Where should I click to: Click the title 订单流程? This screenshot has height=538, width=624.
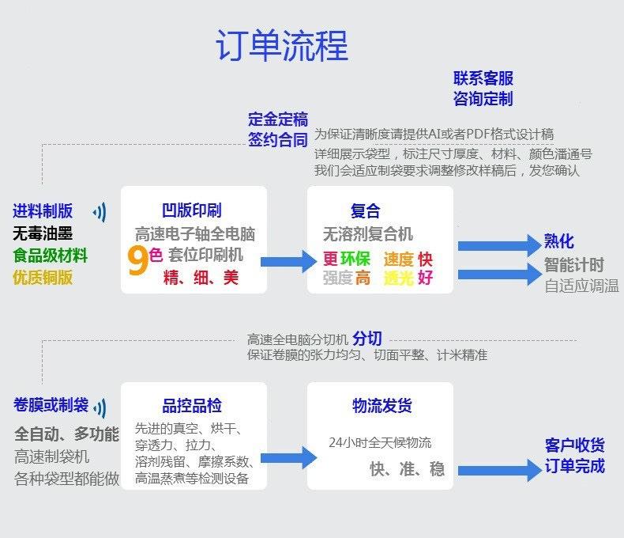point(281,46)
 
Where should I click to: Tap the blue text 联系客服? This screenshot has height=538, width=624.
point(483,78)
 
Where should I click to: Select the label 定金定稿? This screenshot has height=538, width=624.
point(277,119)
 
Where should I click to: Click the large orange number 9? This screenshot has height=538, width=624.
point(137,262)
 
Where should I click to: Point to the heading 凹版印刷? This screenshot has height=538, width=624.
point(192,210)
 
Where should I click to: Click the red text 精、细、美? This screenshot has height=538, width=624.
point(201,278)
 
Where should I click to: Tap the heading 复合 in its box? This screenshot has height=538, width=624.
point(365,210)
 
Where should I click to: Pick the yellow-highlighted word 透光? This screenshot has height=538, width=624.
point(398,278)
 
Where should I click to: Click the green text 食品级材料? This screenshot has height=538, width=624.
point(50,256)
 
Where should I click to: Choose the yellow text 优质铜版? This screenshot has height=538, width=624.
point(43,277)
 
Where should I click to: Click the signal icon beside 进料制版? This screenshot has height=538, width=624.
point(100,211)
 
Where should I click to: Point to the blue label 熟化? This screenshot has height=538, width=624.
point(559,241)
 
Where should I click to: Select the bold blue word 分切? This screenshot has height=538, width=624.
point(367,339)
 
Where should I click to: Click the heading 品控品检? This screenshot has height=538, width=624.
point(192,406)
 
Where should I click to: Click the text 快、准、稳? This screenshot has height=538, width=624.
point(407,469)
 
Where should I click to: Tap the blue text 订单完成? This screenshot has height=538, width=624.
point(574,465)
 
